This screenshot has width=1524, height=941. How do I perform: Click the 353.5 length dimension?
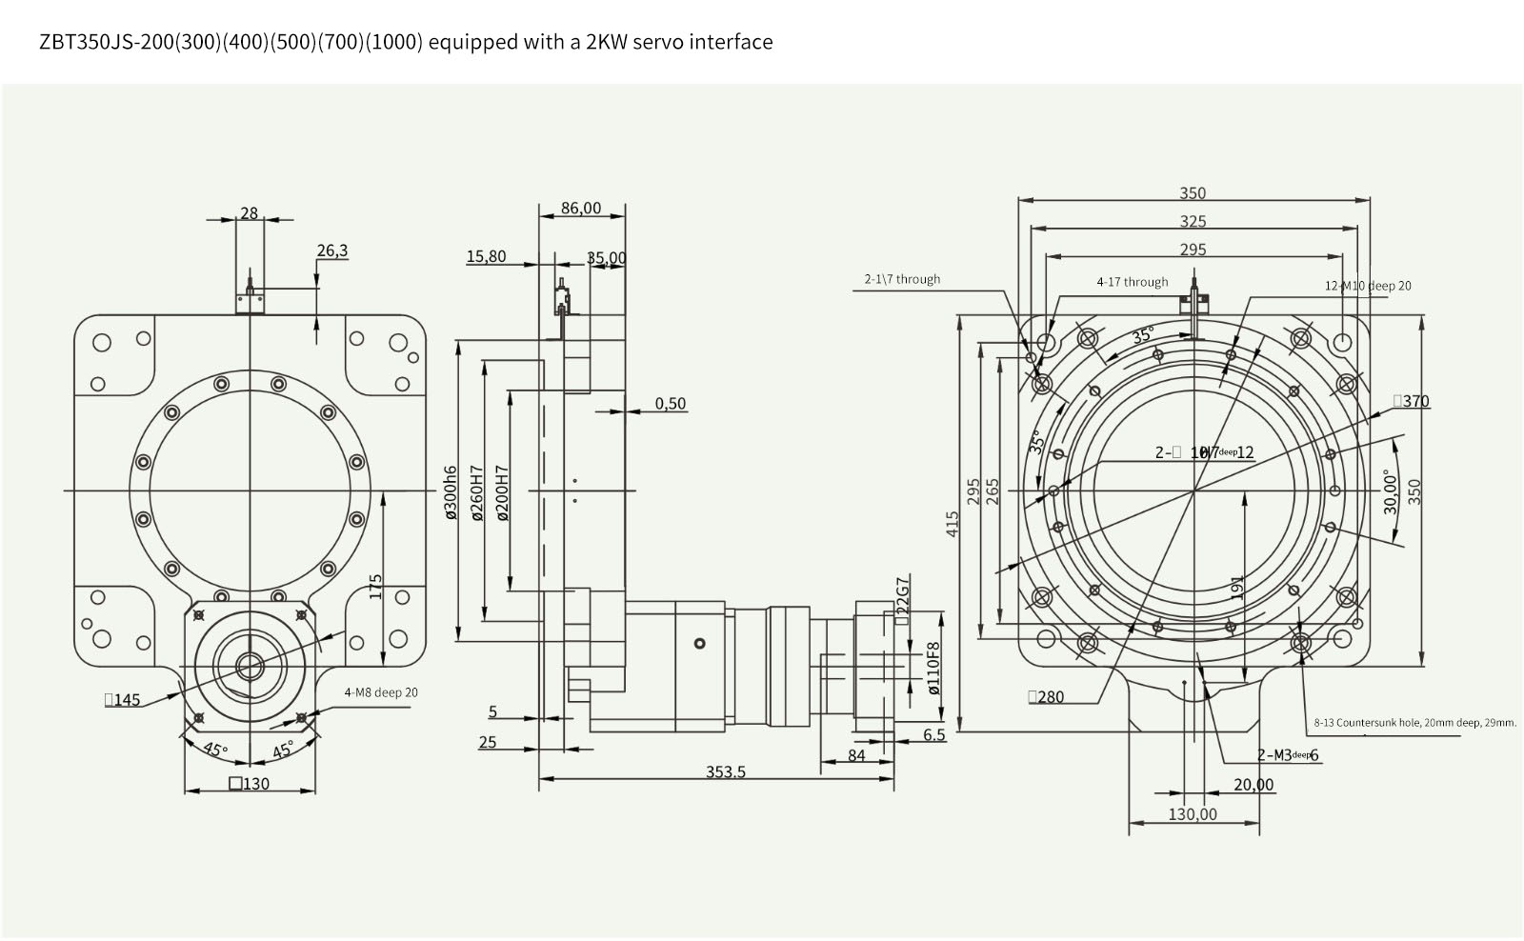click(725, 771)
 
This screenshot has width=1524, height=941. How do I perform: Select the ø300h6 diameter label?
click(451, 491)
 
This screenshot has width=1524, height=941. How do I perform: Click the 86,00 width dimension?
click(581, 208)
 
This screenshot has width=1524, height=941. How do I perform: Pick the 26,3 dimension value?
click(332, 250)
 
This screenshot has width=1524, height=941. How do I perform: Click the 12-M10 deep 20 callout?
click(1368, 286)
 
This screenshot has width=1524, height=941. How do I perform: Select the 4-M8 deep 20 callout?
click(381, 692)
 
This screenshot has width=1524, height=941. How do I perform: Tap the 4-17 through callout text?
click(1132, 282)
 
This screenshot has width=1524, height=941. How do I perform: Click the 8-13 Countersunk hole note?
click(1414, 722)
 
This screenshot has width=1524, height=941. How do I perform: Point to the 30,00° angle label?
click(1392, 491)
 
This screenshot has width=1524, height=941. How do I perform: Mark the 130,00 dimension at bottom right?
click(1193, 814)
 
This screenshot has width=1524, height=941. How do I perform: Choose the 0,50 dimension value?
click(670, 403)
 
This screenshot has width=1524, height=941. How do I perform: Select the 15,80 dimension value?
click(486, 256)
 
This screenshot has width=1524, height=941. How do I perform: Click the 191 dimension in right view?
click(1236, 584)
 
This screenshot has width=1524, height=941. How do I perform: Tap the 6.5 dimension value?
click(934, 734)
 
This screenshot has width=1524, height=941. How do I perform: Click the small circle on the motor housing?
click(700, 644)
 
